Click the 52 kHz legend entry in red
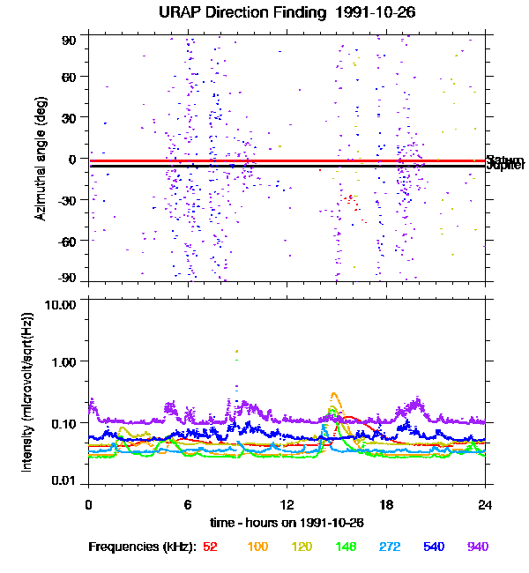click(x=210, y=547)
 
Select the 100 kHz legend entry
click(x=257, y=547)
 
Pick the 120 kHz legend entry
click(x=302, y=547)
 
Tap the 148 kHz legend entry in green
click(x=346, y=547)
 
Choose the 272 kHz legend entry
click(x=390, y=547)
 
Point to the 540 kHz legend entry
click(x=434, y=547)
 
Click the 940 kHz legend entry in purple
click(x=478, y=547)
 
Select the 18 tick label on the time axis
click(x=386, y=504)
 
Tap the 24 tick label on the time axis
click(x=485, y=504)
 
